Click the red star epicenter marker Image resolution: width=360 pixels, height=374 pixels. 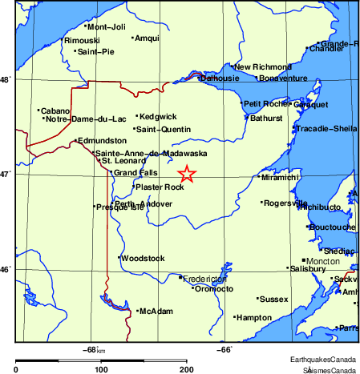click(186, 174)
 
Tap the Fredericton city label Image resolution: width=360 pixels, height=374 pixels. click(206, 279)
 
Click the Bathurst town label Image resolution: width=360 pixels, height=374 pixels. click(266, 118)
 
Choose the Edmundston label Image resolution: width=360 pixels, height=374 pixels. click(101, 140)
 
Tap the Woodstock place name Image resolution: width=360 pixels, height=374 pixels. click(144, 258)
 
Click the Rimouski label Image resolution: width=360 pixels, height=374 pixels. click(83, 40)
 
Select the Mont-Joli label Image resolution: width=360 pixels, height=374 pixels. click(107, 26)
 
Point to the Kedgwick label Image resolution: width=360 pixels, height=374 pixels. click(158, 117)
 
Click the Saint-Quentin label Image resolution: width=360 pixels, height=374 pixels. click(164, 129)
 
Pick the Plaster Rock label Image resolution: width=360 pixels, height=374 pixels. click(160, 187)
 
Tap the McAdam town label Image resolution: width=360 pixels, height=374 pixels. click(156, 311)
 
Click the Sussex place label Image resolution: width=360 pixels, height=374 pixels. click(273, 299)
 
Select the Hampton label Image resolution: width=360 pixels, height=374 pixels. click(254, 318)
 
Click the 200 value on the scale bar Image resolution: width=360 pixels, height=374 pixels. click(186, 369)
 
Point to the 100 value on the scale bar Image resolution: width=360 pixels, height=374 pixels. click(101, 369)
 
